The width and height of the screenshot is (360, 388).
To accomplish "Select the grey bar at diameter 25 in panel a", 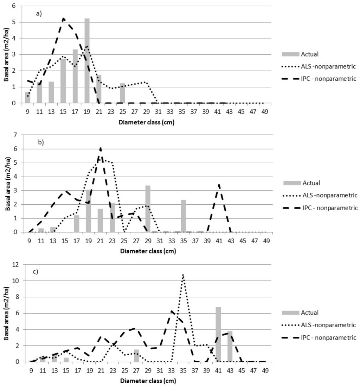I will click(x=122, y=93).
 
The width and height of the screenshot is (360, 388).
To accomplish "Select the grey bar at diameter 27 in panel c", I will click(x=136, y=355).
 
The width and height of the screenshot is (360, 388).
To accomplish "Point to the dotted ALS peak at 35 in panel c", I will click(x=183, y=275).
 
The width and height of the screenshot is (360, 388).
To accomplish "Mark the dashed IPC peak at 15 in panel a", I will click(x=63, y=18).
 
